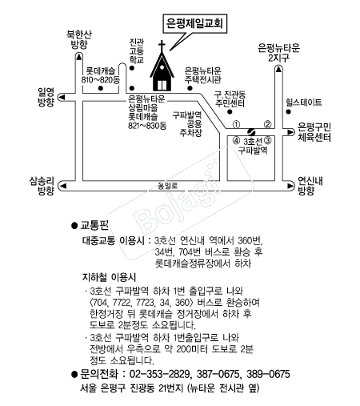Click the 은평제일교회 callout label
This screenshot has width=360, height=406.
[194, 23]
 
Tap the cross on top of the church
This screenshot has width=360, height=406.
[162, 46]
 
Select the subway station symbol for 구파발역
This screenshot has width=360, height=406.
[251, 131]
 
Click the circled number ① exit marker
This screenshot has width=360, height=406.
[237, 124]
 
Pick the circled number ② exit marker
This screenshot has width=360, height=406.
[268, 124]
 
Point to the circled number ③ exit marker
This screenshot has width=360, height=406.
[268, 140]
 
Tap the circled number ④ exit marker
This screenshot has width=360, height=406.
[237, 140]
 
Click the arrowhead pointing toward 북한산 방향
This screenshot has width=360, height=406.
[78, 56]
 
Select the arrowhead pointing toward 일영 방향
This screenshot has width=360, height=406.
[62, 97]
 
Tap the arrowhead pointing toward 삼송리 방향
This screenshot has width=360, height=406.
[62, 186]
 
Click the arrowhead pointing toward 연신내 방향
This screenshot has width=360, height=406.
[290, 186]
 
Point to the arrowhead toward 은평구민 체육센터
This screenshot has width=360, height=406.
[290, 132]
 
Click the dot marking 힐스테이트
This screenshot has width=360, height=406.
[288, 111]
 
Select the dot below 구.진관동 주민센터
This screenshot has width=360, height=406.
[230, 111]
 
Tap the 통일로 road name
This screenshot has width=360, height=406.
[167, 186]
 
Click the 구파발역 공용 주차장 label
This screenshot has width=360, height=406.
[187, 124]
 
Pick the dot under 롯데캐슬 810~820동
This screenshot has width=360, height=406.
[101, 88]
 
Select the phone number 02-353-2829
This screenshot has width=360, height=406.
[160, 374]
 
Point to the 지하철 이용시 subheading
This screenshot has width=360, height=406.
[109, 278]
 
